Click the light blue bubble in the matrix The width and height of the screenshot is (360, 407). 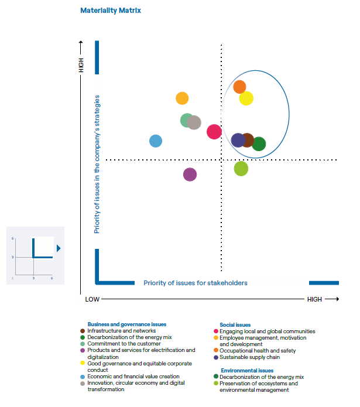coord(156,141)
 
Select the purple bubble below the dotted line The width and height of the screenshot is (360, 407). coord(190,174)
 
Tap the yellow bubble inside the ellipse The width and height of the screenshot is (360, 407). coord(246,98)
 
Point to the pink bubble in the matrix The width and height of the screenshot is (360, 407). coord(214,132)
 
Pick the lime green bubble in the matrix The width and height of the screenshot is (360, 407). coord(241,169)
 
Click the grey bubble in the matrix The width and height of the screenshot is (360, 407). coord(194,122)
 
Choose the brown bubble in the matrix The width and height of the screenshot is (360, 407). coord(248,140)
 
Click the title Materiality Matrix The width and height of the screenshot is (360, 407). coord(111,11)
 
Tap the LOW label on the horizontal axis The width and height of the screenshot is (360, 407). coord(92,299)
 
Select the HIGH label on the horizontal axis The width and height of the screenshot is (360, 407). coord(314,299)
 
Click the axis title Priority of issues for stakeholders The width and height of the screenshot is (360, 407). coord(196,283)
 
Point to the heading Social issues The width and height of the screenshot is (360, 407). coord(235,324)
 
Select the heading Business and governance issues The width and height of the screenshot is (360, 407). coord(127,324)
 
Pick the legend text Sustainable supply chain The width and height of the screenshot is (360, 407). coord(249,357)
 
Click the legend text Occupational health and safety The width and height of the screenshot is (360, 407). coord(258,351)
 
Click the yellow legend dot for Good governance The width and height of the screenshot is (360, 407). coord(82,364)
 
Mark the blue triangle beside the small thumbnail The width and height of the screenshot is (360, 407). coord(59,248)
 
